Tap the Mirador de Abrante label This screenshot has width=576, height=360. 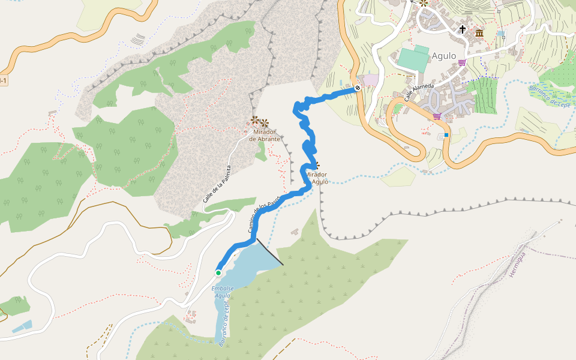265,136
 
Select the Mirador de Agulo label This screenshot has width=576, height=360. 317,178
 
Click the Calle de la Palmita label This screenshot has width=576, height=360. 217,188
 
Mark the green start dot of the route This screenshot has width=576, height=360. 218,273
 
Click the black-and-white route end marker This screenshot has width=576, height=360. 358,88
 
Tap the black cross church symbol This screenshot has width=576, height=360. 463,29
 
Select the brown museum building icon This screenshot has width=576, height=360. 479,33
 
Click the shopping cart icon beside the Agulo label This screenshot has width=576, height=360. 461,62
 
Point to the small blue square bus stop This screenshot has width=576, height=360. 446,135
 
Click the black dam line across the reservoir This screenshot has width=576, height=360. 270,251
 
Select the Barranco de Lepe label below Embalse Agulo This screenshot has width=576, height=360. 224,324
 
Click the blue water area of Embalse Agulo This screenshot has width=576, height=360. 246,264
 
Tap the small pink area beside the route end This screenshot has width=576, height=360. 371,79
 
